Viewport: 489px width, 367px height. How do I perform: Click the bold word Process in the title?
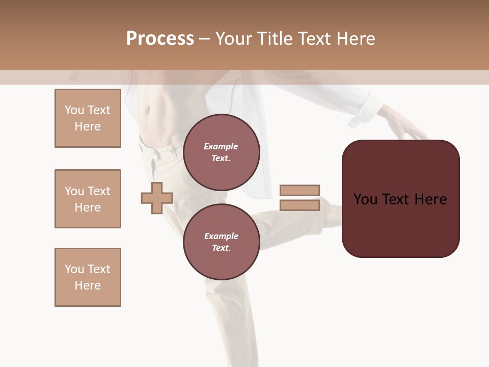pyautogui.click(x=160, y=39)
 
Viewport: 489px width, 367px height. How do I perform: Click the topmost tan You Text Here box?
pyautogui.click(x=88, y=118)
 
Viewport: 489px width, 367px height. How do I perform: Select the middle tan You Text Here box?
pyautogui.click(x=88, y=199)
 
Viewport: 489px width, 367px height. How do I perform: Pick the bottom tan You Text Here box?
pyautogui.click(x=88, y=277)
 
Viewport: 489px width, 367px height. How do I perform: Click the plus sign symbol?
pyautogui.click(x=157, y=198)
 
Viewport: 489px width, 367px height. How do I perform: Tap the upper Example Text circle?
pyautogui.click(x=221, y=152)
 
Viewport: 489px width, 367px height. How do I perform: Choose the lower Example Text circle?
pyautogui.click(x=221, y=242)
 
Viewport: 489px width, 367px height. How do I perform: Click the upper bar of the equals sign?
pyautogui.click(x=300, y=190)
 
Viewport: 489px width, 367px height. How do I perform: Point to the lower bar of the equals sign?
pyautogui.click(x=300, y=205)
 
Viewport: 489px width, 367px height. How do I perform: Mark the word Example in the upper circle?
pyautogui.click(x=221, y=146)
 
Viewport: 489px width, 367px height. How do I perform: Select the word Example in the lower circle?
pyautogui.click(x=221, y=236)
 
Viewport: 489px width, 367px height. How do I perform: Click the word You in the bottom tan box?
pyautogui.click(x=74, y=269)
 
